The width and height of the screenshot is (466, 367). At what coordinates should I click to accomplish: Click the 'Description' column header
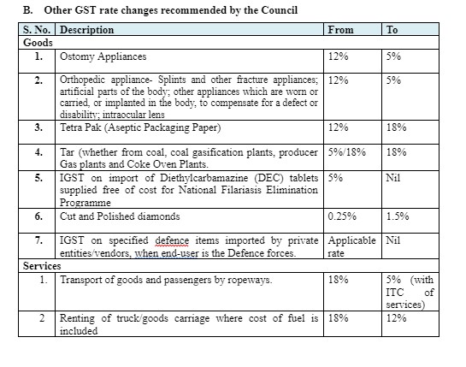click(x=86, y=30)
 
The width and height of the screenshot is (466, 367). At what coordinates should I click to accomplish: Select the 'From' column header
click(x=341, y=30)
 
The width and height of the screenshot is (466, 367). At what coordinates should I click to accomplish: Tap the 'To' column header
click(x=392, y=30)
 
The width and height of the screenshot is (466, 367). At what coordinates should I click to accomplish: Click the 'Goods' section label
click(x=38, y=43)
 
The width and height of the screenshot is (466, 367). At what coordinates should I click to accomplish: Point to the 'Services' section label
click(x=42, y=265)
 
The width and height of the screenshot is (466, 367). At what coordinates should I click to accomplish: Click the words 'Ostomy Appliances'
click(x=103, y=56)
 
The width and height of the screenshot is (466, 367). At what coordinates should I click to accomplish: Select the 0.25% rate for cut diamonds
click(x=342, y=216)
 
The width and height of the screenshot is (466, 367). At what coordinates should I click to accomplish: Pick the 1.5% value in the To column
click(x=398, y=216)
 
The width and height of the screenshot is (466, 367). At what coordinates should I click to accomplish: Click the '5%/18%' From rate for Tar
click(x=347, y=152)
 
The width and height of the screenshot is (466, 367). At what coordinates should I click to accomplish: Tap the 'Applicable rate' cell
click(x=352, y=246)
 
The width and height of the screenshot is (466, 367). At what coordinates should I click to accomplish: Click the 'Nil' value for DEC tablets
click(x=393, y=178)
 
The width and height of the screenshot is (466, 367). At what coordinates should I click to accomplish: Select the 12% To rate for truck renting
click(x=396, y=318)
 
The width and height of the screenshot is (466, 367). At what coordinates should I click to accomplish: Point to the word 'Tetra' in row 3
click(x=70, y=127)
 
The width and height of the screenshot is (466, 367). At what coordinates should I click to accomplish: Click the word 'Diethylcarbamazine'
click(x=204, y=178)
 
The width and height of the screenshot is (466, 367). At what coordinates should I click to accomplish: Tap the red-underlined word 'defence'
click(x=172, y=240)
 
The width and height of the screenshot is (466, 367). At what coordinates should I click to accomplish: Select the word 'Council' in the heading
click(x=280, y=10)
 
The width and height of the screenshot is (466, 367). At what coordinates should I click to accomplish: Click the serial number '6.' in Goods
click(x=38, y=216)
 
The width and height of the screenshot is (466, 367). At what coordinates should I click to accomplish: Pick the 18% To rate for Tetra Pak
click(x=396, y=127)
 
